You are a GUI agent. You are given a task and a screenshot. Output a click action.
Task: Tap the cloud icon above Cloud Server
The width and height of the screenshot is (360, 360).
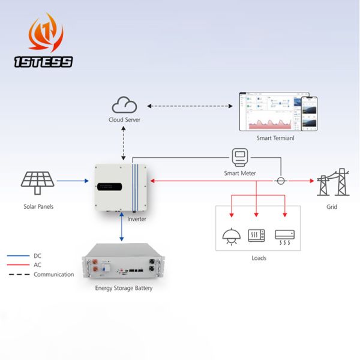(x=125, y=106)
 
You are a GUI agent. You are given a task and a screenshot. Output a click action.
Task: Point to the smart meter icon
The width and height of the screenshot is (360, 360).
(x=240, y=158)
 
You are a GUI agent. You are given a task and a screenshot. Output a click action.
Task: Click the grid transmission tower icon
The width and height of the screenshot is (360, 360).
(x=332, y=181)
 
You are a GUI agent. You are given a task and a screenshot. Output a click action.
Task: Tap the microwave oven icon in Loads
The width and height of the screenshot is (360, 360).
(x=257, y=235)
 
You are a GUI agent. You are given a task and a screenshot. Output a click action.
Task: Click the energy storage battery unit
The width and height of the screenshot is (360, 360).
(x=124, y=263)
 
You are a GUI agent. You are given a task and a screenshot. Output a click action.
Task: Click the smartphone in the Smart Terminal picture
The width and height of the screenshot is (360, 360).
(x=308, y=114)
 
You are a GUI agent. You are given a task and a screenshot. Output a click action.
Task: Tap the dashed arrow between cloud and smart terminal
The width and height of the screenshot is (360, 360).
(x=189, y=106)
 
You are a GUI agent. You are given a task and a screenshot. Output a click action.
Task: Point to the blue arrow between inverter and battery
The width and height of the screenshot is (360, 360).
(x=122, y=226)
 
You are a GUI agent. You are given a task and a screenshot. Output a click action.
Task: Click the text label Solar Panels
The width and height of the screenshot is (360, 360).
(x=38, y=206)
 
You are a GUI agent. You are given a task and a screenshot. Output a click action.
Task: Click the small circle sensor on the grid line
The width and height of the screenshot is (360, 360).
(x=280, y=180)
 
